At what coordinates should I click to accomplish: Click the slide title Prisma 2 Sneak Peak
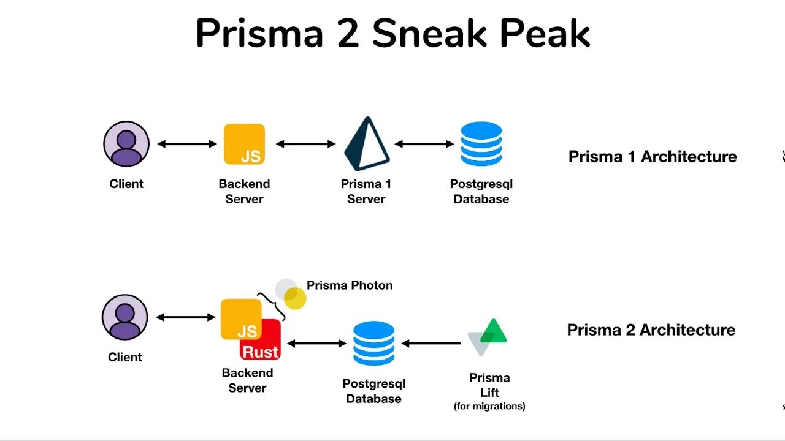pyautogui.click(x=392, y=34)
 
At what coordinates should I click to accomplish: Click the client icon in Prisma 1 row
pyautogui.click(x=126, y=144)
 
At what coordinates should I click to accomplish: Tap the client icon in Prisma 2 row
pyautogui.click(x=125, y=317)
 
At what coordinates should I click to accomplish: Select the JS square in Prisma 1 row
pyautogui.click(x=244, y=144)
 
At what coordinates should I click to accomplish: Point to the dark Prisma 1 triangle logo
pyautogui.click(x=366, y=145)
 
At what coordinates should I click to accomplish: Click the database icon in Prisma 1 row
pyautogui.click(x=481, y=144)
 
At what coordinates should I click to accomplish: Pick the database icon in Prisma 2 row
pyautogui.click(x=373, y=344)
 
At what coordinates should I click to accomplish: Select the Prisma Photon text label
pyautogui.click(x=350, y=285)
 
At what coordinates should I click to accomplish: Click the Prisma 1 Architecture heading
pyautogui.click(x=653, y=157)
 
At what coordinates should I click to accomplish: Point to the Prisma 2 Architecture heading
pyautogui.click(x=651, y=330)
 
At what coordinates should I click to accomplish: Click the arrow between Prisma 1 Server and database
pyautogui.click(x=424, y=144)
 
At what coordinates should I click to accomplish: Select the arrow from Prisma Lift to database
pyautogui.click(x=431, y=344)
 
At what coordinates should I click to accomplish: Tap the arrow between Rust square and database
pyautogui.click(x=317, y=344)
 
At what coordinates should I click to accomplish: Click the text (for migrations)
pyautogui.click(x=489, y=406)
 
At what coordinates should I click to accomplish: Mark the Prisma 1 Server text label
pyautogui.click(x=366, y=191)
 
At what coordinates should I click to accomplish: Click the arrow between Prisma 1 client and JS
pyautogui.click(x=187, y=144)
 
